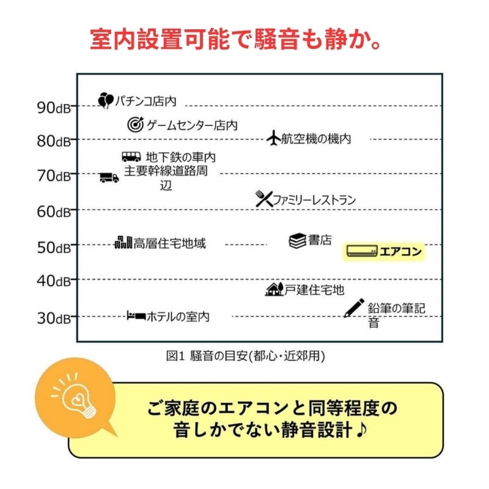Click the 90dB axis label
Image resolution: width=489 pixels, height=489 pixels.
(x=54, y=107)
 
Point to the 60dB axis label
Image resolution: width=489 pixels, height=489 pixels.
(x=54, y=212)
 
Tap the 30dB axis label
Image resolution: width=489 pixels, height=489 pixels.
(x=54, y=318)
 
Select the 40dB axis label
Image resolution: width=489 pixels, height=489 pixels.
(x=54, y=282)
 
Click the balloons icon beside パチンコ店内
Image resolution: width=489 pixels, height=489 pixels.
(x=106, y=100)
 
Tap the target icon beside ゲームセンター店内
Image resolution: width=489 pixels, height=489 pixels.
(x=135, y=125)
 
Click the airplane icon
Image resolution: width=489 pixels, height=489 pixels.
(x=273, y=138)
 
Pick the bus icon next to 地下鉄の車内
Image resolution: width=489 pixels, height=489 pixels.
(x=131, y=157)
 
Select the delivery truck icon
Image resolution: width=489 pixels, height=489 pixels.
(x=109, y=177)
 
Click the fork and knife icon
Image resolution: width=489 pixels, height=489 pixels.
(x=263, y=199)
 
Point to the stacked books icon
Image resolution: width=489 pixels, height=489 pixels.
(x=297, y=241)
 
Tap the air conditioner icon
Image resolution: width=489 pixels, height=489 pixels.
(x=362, y=251)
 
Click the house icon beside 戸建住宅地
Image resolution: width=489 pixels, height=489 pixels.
(x=274, y=289)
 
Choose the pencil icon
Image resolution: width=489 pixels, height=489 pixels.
(x=354, y=307)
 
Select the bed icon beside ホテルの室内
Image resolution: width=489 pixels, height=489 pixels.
(x=136, y=316)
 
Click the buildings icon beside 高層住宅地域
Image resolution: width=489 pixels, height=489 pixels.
(x=123, y=242)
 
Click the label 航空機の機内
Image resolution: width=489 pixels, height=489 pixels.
(x=316, y=139)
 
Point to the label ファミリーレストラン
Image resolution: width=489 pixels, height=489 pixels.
(x=314, y=199)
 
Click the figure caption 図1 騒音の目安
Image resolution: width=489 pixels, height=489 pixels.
(x=245, y=355)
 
